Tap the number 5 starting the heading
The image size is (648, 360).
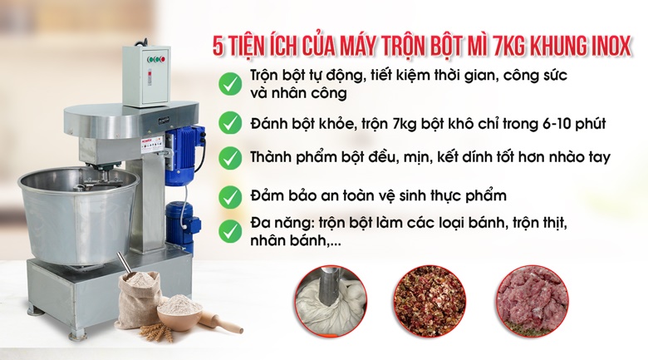pyautogui.click(x=218, y=46)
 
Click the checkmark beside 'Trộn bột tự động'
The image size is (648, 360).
pyautogui.click(x=230, y=84)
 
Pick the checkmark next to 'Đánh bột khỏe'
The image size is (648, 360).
pyautogui.click(x=230, y=123)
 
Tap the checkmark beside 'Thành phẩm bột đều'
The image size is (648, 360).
pyautogui.click(x=230, y=158)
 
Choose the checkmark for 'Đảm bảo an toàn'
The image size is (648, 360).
pyautogui.click(x=230, y=196)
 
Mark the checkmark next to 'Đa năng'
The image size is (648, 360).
pyautogui.click(x=230, y=231)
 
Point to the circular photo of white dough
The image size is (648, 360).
pyautogui.click(x=331, y=302)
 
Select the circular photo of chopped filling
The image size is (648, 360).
pyautogui.click(x=430, y=302)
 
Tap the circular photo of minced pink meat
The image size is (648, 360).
pyautogui.click(x=533, y=302)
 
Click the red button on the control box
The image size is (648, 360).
pyautogui.click(x=163, y=59)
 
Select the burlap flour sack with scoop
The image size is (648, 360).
pyautogui.click(x=138, y=297)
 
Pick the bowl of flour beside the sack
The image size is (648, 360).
pyautogui.click(x=179, y=312)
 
